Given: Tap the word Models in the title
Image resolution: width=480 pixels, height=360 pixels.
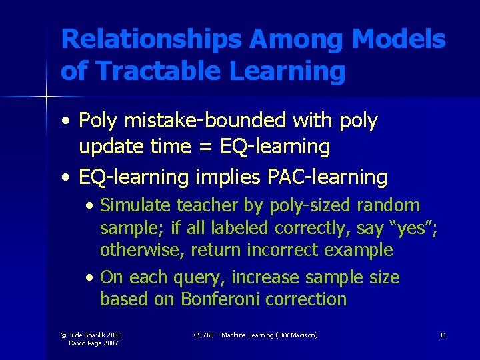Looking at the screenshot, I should pos(399,40).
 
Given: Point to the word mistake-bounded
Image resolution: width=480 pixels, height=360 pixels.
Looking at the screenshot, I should pos(195,121).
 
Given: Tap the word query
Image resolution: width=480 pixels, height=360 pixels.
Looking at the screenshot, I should pos(203,277).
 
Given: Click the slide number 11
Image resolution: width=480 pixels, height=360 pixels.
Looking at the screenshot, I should pos(443,335).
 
